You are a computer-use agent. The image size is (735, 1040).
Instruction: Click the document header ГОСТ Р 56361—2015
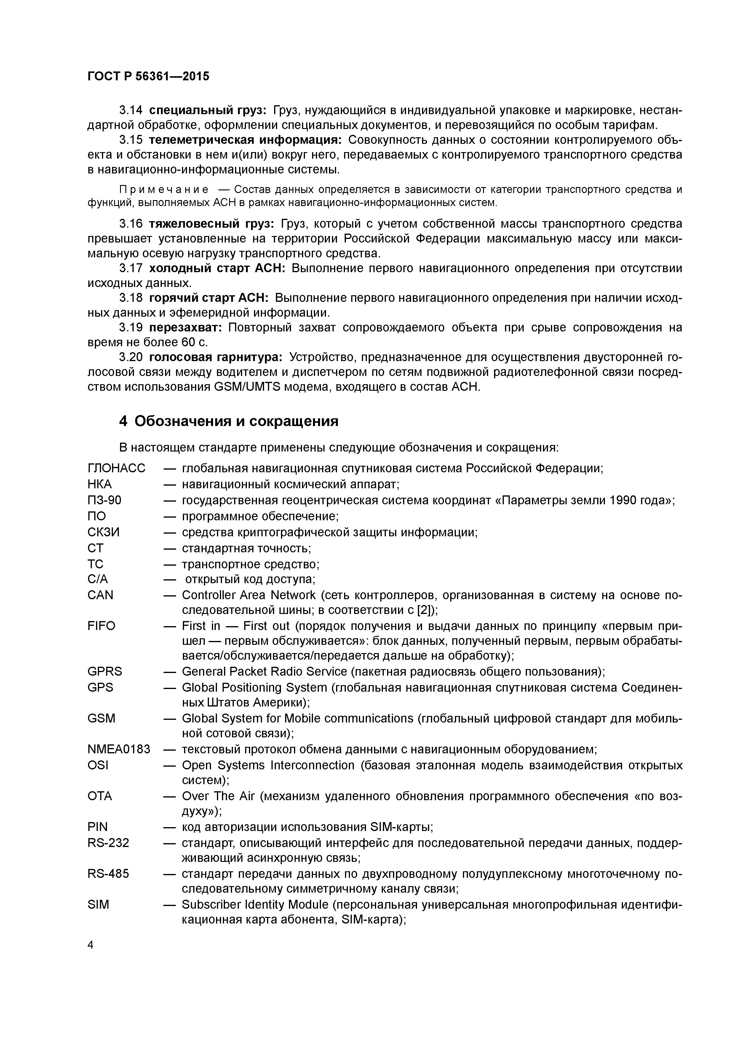[148, 76]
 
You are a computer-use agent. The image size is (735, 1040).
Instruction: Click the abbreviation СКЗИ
[104, 532]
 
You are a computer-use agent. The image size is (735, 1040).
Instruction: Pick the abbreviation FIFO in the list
[101, 626]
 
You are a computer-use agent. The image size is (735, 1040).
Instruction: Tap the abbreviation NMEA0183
[119, 749]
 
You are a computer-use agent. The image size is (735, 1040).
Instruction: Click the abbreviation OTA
[100, 796]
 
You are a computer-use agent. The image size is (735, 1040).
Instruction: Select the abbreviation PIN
[98, 827]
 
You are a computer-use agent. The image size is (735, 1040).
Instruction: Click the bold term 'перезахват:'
[185, 328]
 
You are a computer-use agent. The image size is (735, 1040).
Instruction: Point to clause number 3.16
[131, 224]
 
